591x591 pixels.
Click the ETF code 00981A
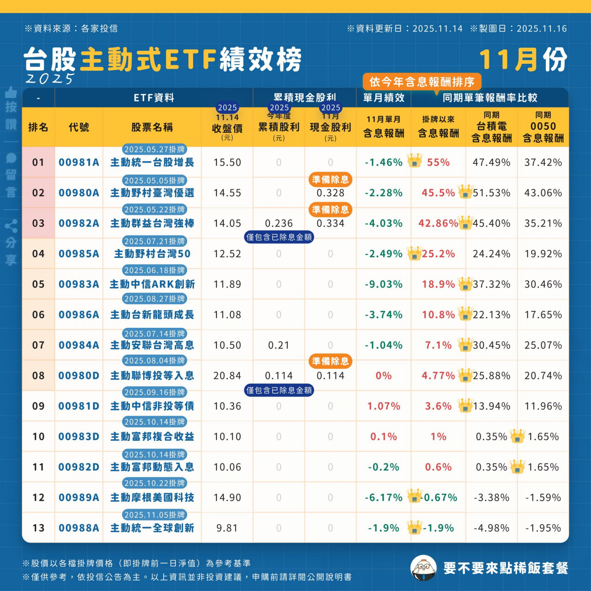point(78,163)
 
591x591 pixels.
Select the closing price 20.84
point(227,376)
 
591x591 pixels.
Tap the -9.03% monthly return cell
point(383,284)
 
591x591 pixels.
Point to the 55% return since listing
point(438,163)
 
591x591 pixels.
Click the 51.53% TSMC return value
point(491,193)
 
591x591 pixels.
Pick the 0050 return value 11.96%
point(543,406)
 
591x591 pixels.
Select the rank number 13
point(38,528)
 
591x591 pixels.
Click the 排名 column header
point(38,127)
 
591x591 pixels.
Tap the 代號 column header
point(78,127)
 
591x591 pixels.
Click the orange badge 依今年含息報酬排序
point(422,82)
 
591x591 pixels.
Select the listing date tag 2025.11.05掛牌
point(155,514)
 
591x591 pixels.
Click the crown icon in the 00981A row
point(414,161)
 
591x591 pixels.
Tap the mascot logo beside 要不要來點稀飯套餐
point(423,568)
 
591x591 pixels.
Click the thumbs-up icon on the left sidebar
point(11,92)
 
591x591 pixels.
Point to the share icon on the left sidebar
point(11,226)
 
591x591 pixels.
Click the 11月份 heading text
point(523,60)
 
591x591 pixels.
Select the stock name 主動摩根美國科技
point(152,498)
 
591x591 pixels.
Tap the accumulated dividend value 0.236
point(279,223)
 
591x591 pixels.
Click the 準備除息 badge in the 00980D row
point(330,361)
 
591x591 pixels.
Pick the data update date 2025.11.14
point(437,29)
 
